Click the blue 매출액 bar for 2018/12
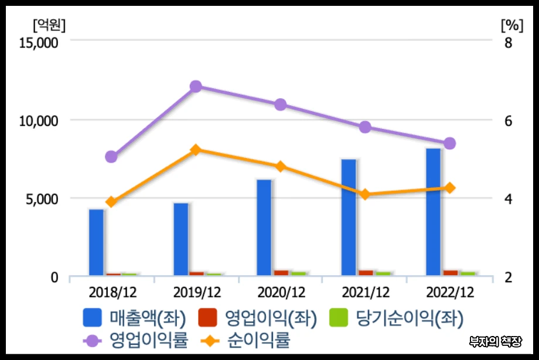96,242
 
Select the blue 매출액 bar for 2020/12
264,227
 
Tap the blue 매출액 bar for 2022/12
434,211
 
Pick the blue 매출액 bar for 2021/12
349,217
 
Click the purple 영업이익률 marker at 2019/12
196,87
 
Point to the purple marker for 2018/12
111,157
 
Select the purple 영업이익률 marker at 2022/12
450,143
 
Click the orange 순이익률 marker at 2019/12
196,150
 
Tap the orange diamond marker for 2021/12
365,194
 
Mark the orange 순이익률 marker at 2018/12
110,203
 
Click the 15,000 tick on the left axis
38,43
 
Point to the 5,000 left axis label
42,199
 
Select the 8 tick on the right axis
508,43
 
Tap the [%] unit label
511,25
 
